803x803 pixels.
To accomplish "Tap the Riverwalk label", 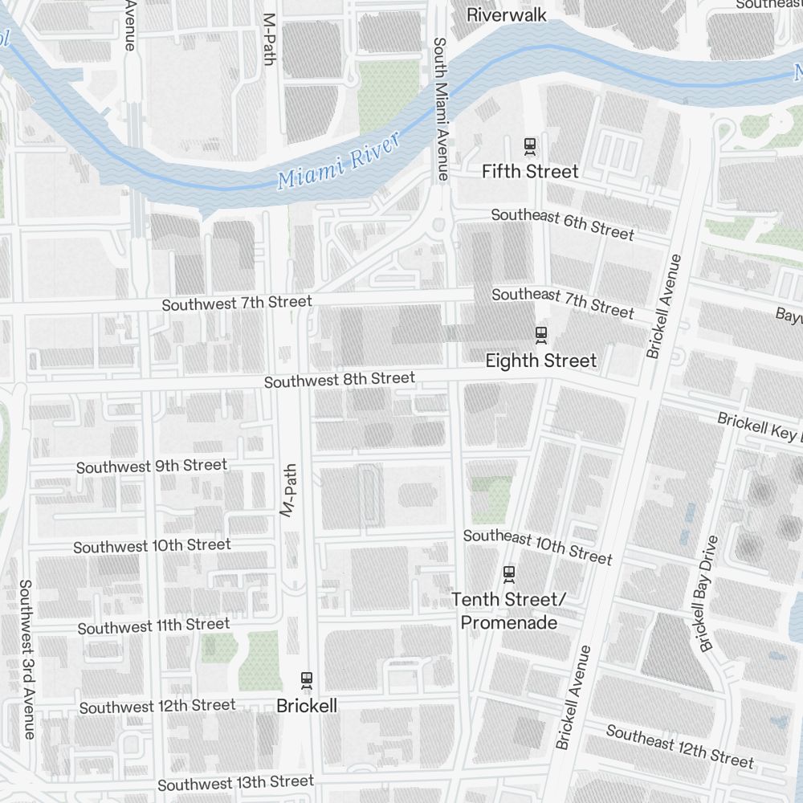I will [507, 14].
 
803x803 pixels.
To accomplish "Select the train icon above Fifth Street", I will [530, 146].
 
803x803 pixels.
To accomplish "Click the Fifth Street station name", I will [530, 171].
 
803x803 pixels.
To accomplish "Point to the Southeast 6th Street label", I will [562, 224].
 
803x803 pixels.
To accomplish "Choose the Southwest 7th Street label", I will [236, 304].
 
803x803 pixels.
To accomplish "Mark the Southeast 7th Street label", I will [562, 302].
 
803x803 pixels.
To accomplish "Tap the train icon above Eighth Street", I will [541, 334].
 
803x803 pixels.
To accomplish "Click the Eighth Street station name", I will [541, 361].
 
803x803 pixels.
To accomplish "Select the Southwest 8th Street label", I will [340, 379].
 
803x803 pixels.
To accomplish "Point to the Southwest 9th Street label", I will [152, 466].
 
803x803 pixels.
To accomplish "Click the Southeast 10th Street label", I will [537, 546].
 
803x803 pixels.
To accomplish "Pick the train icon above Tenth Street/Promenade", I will [508, 573].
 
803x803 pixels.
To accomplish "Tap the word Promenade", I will [509, 622].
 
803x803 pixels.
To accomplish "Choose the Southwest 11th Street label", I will [153, 626].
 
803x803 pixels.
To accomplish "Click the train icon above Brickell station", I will [306, 680].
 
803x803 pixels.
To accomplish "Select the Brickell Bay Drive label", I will [708, 593].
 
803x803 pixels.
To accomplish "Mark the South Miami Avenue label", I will [440, 108].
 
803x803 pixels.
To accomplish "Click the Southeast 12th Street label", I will [679, 746].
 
